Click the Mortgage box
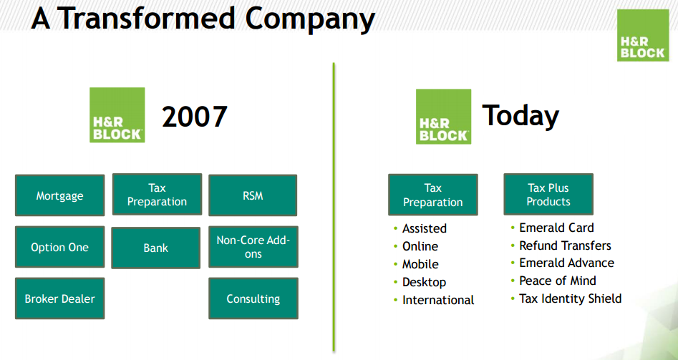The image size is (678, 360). pos(59,195)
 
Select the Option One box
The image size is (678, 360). pos(59,247)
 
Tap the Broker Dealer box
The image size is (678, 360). pos(59,298)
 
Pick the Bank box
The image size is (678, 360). pos(155,248)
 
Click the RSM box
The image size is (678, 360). pos(253,195)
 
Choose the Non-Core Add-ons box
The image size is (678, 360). pos(253,247)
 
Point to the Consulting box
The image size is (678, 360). pos(253,298)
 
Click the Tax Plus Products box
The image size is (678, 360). pos(548,195)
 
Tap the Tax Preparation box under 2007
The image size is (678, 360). pos(157,195)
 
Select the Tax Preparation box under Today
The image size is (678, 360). pos(433,195)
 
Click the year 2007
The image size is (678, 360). pos(195,116)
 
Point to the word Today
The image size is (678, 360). pos(520,116)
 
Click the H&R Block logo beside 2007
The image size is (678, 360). pos(117,115)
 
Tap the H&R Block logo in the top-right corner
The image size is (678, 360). pos(643,36)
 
